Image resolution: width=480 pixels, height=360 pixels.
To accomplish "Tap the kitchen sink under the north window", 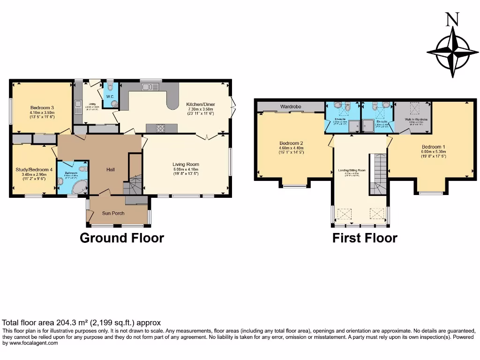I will click(150, 87).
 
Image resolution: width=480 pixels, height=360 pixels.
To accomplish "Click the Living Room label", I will click(186, 165).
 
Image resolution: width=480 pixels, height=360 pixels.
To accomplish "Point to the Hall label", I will click(110, 170).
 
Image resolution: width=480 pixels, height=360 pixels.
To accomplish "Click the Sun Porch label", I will click(113, 213).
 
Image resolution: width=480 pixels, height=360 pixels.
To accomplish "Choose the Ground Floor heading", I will click(122, 238).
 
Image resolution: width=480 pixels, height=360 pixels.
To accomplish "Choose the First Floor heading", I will click(365, 238).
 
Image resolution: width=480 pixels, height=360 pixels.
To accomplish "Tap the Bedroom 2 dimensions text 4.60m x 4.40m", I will click(292, 148).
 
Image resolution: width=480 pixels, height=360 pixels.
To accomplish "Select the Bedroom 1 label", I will click(434, 147).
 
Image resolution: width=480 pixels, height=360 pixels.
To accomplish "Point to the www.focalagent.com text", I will click(30, 343).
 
